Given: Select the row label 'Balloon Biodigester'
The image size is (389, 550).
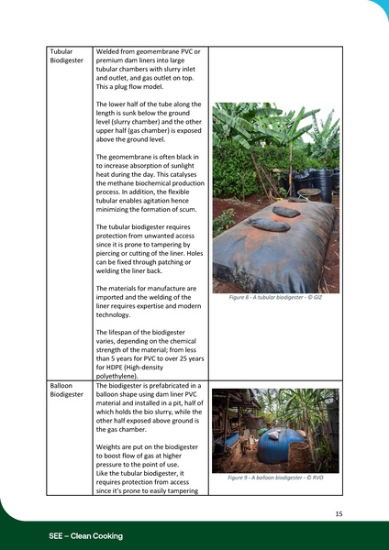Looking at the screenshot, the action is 67,390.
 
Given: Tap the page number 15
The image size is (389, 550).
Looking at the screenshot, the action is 339,514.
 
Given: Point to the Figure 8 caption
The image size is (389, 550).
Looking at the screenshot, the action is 275,298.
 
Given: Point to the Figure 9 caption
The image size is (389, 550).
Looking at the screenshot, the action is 275,478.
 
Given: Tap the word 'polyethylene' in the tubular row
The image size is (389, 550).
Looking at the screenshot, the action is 120,376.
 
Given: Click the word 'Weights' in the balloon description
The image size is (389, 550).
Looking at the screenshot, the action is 111,446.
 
